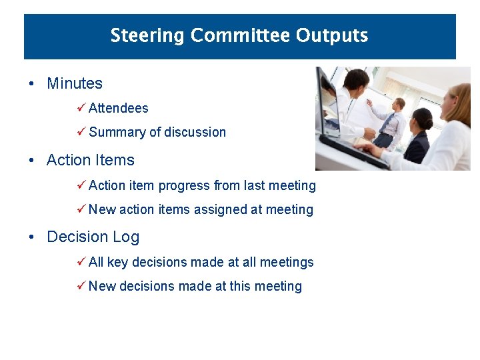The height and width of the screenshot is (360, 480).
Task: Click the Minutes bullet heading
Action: pos(74,84)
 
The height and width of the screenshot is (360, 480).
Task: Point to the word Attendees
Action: pos(118,108)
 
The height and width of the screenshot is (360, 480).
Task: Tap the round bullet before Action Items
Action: pos(31,161)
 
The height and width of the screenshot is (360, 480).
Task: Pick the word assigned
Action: pos(220,210)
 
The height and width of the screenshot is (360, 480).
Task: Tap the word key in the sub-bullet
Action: pos(117,263)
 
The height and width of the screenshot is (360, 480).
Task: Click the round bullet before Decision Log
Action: pos(31,237)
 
